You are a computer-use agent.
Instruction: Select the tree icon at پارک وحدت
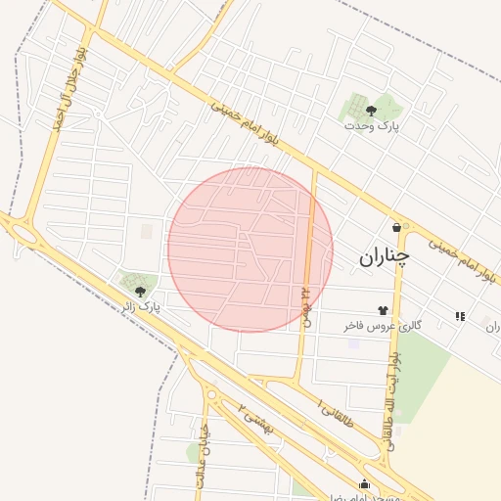coord(371,111)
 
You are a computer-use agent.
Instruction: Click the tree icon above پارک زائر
coord(139,291)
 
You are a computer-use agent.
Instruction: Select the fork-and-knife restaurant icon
coord(459,315)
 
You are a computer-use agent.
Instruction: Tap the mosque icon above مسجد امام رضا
coord(365,482)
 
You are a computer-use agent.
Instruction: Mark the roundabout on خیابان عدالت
coord(210,395)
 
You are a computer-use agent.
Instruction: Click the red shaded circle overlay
coord(250,250)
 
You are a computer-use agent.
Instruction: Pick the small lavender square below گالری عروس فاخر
coord(353,343)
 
